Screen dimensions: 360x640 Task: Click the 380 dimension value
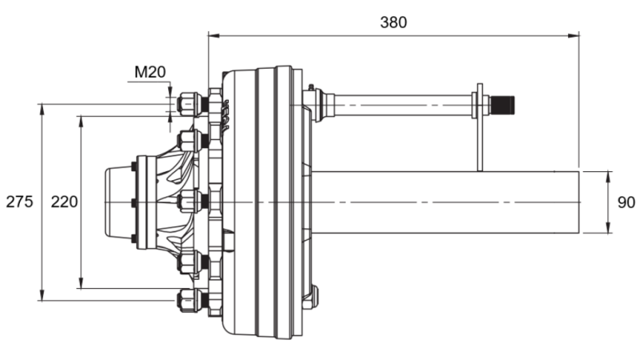tap(393, 22)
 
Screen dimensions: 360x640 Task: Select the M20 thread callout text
tap(150, 72)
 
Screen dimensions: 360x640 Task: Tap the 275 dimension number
tap(19, 202)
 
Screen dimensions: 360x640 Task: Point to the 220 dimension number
tap(64, 202)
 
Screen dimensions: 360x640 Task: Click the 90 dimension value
tap(626, 202)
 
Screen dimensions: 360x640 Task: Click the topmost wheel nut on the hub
tap(190, 104)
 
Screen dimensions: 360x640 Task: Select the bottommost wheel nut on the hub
tap(190, 300)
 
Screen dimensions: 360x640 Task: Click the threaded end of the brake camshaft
tap(502, 104)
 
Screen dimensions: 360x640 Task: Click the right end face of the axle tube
tap(578, 202)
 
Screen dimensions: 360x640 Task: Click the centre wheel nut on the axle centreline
tap(190, 202)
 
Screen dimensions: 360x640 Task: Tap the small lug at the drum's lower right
tap(312, 297)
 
